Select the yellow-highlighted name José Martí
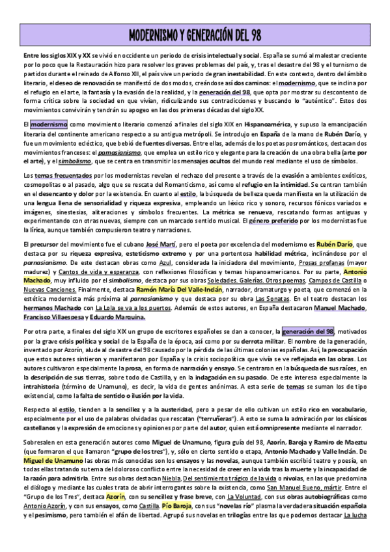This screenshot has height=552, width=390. tap(161, 244)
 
